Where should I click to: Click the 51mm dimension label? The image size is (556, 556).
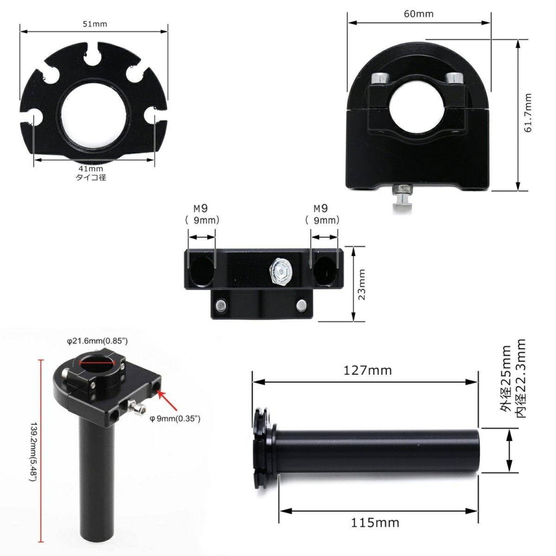[95, 24]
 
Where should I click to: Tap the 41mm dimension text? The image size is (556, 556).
[91, 169]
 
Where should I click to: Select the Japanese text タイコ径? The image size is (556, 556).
[91, 177]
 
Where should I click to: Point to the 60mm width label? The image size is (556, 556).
[419, 14]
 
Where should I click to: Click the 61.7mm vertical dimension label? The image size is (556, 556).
[528, 113]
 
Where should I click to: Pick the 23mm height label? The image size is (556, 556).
[361, 284]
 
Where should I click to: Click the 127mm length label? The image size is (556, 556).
[367, 371]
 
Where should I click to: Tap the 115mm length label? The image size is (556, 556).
[375, 523]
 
